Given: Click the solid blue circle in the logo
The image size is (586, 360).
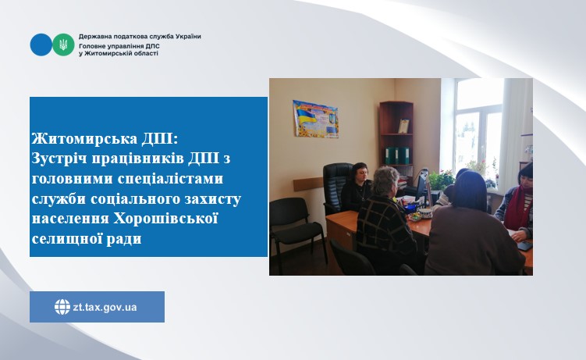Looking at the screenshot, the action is [x=41, y=45].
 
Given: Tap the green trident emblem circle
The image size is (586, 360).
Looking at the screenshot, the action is [x=63, y=45].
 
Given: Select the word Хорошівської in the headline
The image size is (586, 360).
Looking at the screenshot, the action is [x=165, y=218].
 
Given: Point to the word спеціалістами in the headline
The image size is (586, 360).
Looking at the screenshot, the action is [x=170, y=178].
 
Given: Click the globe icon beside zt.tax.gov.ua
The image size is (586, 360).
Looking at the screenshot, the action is [x=62, y=307].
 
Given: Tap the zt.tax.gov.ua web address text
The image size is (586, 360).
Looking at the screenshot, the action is [x=105, y=308].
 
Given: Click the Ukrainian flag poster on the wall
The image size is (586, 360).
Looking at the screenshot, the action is [x=315, y=119].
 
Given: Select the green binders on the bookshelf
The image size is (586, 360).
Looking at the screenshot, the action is [x=397, y=155].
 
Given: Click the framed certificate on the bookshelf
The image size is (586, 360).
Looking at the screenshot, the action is [x=403, y=127].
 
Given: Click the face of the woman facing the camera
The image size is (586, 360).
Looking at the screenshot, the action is [x=360, y=176].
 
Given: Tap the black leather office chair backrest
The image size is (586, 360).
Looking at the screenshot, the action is [x=336, y=183].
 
